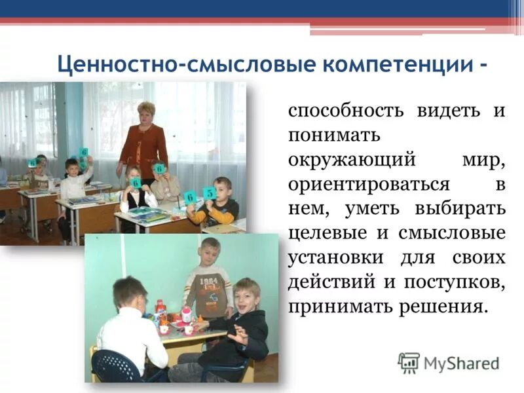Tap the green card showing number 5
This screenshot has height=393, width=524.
(x=209, y=193)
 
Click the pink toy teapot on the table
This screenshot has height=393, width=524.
(x=187, y=313)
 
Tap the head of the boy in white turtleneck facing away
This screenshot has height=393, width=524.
(x=130, y=293)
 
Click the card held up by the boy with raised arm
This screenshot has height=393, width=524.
(x=84, y=153)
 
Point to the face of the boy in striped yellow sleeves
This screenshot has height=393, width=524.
(x=223, y=191)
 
